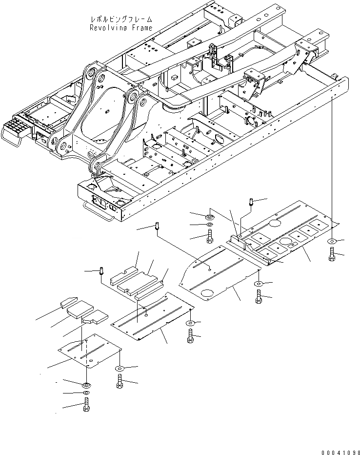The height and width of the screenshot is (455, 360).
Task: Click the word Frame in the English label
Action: pyautogui.click(x=141, y=28)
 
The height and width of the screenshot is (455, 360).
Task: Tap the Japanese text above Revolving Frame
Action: pyautogui.click(x=121, y=19)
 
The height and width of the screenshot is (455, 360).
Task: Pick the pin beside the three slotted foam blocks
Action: pyautogui.click(x=101, y=270)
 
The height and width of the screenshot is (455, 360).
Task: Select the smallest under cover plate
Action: pyautogui.click(x=88, y=352)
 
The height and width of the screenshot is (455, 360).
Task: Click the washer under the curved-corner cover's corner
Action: pyautogui.click(x=258, y=283)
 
